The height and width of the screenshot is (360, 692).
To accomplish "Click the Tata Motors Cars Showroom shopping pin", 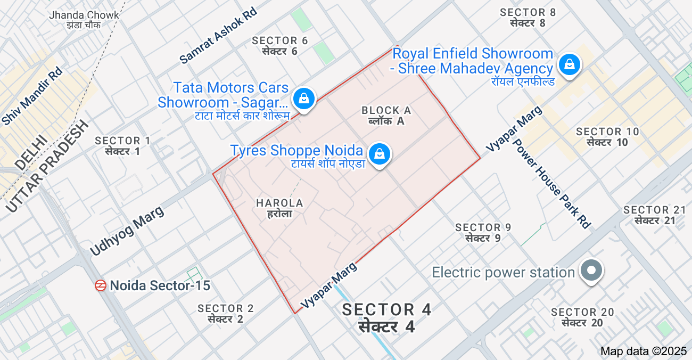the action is pos(303,98).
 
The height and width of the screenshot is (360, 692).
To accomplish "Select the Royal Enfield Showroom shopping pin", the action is pos(569,65).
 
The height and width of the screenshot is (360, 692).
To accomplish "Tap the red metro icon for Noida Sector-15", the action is pos(101,285).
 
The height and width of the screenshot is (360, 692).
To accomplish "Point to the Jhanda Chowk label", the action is pos(84,19).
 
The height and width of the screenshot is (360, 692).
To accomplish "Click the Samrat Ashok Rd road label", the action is pos(218,36).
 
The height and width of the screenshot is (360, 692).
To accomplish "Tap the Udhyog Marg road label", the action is pos(127,230).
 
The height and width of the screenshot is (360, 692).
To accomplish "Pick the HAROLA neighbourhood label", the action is pos(279,208).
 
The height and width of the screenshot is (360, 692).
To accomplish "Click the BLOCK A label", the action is pos(386,115).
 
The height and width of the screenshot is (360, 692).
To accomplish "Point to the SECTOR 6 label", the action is pos(280,45).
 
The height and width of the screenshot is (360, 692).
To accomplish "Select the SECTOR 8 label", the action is pos(528,17).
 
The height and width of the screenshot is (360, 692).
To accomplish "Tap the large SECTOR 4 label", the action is pos(386,317).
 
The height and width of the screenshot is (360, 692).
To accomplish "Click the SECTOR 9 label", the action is pos(483,233).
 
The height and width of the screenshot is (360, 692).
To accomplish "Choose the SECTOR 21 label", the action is pos(654,215).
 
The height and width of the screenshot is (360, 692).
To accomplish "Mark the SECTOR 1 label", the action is pos(122,145).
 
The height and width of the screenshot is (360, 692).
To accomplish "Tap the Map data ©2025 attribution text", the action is pos(644,351).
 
